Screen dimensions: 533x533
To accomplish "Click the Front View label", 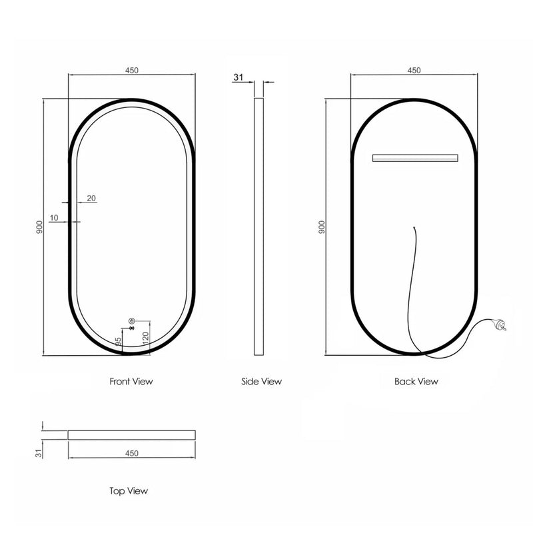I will (x=131, y=382).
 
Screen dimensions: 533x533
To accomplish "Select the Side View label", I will (x=261, y=382).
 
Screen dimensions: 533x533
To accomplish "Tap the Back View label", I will (x=416, y=382).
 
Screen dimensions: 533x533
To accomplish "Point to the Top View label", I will (x=129, y=491).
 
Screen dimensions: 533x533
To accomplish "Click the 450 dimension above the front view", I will (x=132, y=70).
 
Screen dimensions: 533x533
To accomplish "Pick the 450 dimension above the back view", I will (x=414, y=70).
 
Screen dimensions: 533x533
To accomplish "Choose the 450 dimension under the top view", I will (x=131, y=453).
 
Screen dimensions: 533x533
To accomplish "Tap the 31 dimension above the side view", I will (x=238, y=77).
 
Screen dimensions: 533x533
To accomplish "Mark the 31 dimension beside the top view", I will (x=39, y=452).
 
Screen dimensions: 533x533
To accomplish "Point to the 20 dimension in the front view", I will (x=91, y=198).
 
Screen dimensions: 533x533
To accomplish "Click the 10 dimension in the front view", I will (x=53, y=218).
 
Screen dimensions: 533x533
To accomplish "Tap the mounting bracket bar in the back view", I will (x=415, y=158).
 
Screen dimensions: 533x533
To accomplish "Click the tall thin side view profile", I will (x=259, y=227).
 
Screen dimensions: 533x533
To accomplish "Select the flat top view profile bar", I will (x=132, y=434).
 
